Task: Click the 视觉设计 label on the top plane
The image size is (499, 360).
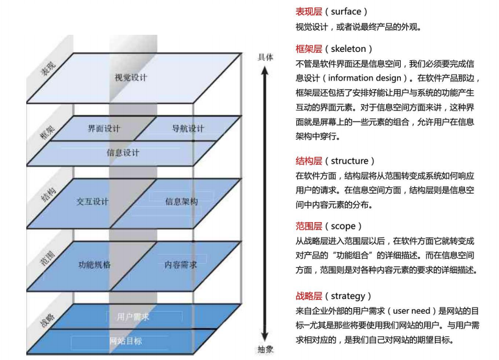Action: tap(131, 78)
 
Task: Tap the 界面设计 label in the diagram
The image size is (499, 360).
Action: tap(104, 129)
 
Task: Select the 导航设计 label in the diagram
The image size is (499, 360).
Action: tap(187, 129)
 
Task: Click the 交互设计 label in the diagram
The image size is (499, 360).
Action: tap(93, 201)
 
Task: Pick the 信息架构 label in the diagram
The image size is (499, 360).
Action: tap(181, 202)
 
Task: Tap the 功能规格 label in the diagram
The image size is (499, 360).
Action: tap(95, 265)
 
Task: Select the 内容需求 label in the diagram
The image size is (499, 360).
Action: tap(181, 265)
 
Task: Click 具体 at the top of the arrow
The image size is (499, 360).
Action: tap(265, 57)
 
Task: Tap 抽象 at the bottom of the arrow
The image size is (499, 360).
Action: tap(265, 349)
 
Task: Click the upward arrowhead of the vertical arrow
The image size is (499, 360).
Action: tap(265, 70)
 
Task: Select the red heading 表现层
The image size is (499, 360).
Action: tap(309, 12)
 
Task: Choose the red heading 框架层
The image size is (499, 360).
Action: tap(309, 49)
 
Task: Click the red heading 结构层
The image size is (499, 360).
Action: tap(309, 161)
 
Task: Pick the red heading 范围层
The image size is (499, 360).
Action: tap(309, 226)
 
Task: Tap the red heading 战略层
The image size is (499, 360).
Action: tap(309, 297)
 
